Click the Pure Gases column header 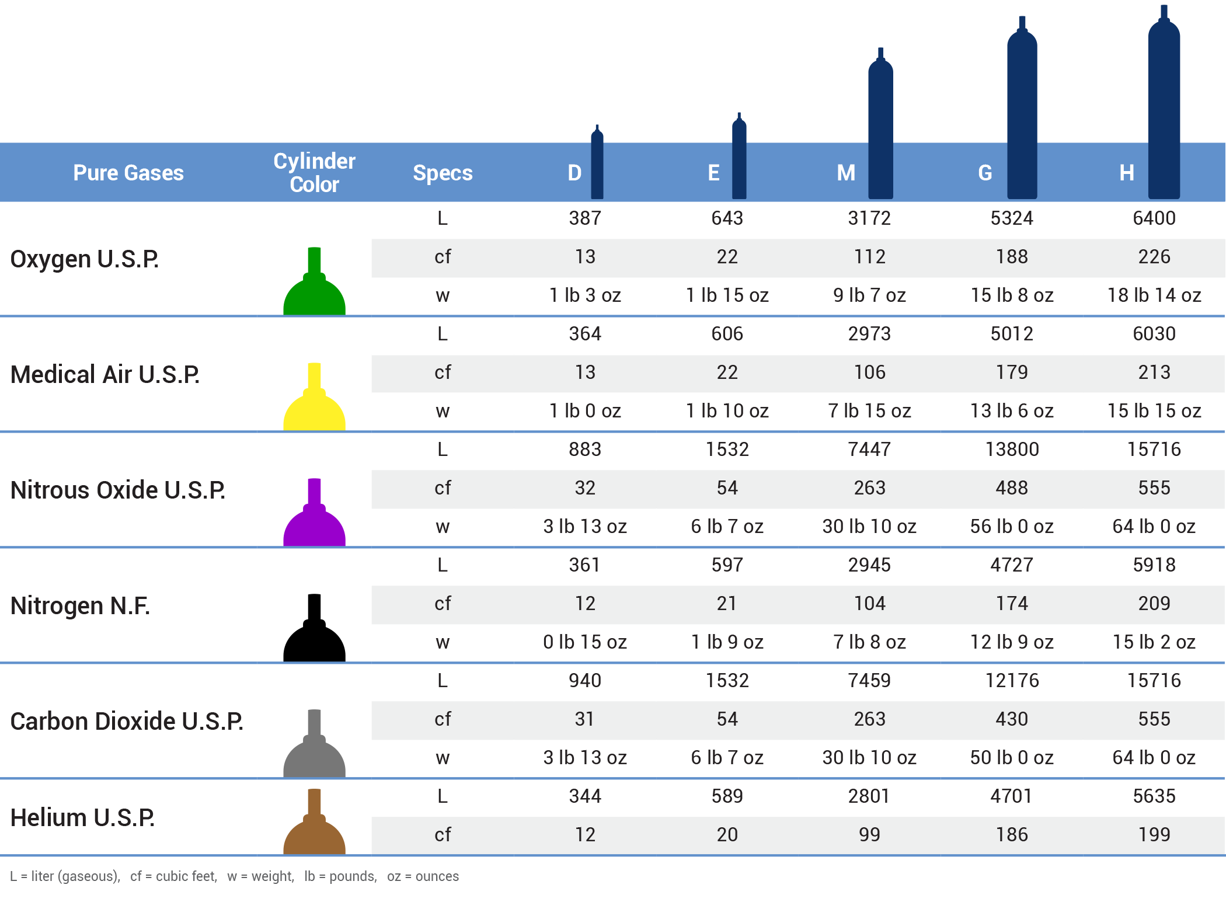coord(128,173)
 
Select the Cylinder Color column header coord(314,173)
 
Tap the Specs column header coord(443,173)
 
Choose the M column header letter coord(846,173)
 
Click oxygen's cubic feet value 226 coord(1154,257)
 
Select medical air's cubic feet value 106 coord(869,372)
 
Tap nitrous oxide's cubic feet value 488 coord(1012,488)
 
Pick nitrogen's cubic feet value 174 coord(1012,604)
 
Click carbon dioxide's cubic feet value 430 coord(1012,719)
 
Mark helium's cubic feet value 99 coord(869,835)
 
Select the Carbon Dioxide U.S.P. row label coord(127,722)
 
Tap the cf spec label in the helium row coord(443,835)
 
